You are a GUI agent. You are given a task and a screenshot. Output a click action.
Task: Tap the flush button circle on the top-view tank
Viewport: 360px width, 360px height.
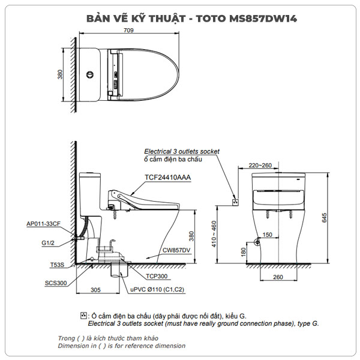(91, 74)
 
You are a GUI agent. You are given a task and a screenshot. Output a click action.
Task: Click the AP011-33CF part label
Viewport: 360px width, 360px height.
(43, 224)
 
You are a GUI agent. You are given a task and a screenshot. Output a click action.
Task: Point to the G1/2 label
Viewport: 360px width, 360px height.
(49, 244)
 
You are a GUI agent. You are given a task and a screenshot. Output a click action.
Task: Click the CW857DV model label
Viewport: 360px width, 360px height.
(177, 250)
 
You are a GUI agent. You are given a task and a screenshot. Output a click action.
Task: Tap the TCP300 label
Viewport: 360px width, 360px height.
(158, 277)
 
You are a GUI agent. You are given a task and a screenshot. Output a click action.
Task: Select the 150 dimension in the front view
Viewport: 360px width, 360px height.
(268, 235)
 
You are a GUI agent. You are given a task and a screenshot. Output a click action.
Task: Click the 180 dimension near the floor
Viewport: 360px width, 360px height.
(243, 253)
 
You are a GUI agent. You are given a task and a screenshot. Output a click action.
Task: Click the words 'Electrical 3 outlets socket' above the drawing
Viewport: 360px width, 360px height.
(182, 152)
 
